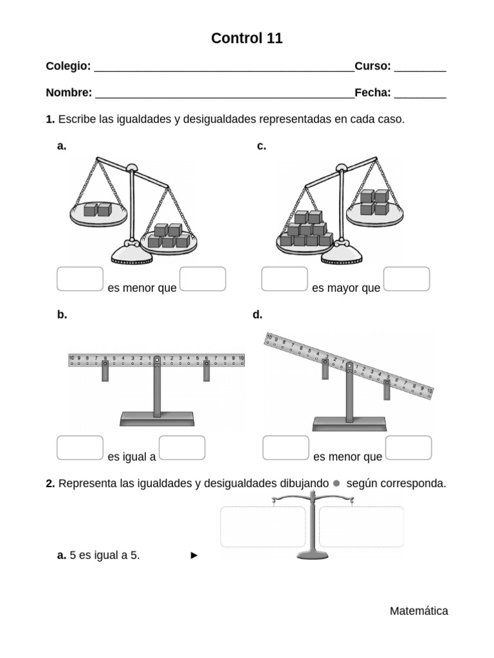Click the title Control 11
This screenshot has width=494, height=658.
(x=246, y=39)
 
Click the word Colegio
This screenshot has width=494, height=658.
(x=68, y=66)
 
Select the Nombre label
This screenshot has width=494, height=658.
(x=68, y=93)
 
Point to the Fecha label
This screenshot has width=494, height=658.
(x=372, y=93)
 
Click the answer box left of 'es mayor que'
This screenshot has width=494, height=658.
(x=284, y=279)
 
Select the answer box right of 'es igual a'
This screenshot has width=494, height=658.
(x=182, y=448)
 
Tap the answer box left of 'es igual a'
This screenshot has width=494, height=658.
(x=80, y=448)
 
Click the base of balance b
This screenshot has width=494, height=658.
(x=157, y=419)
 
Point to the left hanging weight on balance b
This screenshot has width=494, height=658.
(x=105, y=371)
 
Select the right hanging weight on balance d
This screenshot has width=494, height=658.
(x=387, y=389)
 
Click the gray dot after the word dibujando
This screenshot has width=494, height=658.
(x=336, y=483)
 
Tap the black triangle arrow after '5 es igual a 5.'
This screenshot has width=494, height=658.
(x=194, y=556)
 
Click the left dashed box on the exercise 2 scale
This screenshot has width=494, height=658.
(x=262, y=526)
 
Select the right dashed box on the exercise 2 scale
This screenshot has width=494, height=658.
(x=361, y=526)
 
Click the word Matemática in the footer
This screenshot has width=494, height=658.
(x=419, y=611)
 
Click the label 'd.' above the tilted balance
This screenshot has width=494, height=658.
(x=258, y=315)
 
